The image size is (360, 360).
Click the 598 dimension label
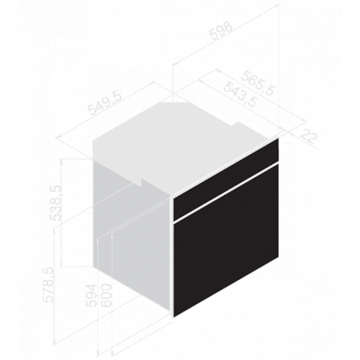click(x=221, y=31)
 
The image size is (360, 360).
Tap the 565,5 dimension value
click(x=258, y=84)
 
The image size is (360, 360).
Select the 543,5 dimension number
click(x=240, y=94)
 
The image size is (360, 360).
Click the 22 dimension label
click(x=308, y=136)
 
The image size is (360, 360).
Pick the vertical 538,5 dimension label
click(x=55, y=202)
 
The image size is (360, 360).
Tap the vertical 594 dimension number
click(x=91, y=295)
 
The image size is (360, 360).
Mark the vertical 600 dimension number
click(x=106, y=295)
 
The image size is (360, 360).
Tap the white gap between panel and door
click(x=226, y=191)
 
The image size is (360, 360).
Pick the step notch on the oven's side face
click(x=142, y=183)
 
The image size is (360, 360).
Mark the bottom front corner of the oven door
click(x=174, y=317)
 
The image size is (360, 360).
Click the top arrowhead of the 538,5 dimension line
click(x=63, y=161)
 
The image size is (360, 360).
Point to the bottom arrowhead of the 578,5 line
click(x=54, y=341)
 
